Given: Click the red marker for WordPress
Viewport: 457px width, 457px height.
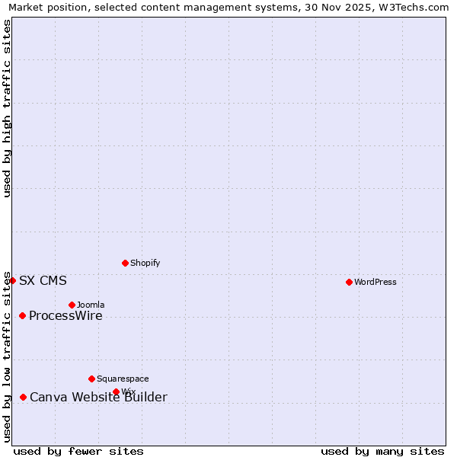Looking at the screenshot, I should (x=349, y=282).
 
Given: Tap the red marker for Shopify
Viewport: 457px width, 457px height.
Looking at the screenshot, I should (x=125, y=263).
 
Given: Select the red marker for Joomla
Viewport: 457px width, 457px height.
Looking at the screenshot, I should (x=72, y=305).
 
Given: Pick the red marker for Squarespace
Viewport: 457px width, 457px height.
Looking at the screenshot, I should (x=91, y=379).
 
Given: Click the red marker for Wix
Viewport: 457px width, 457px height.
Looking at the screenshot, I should (x=116, y=391).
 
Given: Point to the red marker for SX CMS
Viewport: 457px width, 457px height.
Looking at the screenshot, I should (x=12, y=280).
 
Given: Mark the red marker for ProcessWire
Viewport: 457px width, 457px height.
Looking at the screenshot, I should (x=22, y=315).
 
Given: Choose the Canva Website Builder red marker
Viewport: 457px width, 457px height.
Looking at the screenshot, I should (x=23, y=397).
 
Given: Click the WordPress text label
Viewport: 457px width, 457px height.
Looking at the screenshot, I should (x=375, y=282).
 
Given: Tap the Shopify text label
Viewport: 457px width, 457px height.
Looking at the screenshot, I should (x=145, y=263).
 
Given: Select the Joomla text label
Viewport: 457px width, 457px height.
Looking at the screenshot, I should (x=91, y=305).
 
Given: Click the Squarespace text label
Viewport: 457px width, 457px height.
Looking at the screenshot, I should (x=123, y=379).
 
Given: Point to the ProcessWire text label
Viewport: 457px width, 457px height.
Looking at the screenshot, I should (x=66, y=316).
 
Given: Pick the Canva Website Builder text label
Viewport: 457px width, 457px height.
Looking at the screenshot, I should (x=98, y=397).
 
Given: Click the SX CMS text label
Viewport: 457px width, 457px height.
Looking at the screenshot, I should (x=43, y=280).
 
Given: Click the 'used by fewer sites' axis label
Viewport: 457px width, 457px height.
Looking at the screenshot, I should (x=78, y=451).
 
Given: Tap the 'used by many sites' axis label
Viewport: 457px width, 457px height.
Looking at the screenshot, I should (x=382, y=451).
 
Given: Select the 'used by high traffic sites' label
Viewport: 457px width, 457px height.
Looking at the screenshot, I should (x=8, y=108).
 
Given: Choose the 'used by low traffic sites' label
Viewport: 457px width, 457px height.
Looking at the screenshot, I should (x=8, y=356).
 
